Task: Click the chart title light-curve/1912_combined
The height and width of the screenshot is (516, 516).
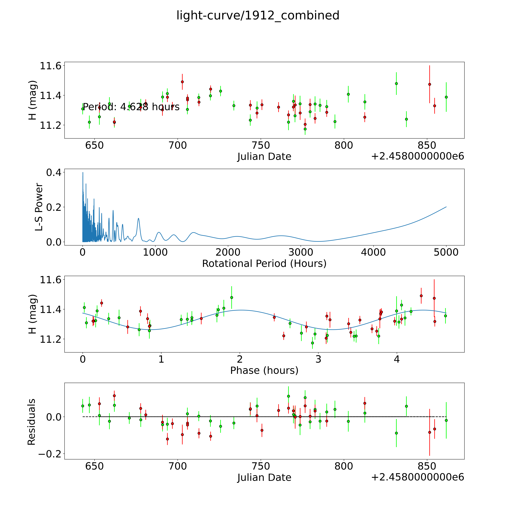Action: coord(258,15)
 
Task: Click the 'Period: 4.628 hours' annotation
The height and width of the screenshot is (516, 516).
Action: coord(131,107)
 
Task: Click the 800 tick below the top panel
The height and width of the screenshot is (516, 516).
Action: coord(344,146)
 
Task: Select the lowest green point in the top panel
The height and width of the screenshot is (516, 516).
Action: coord(305,129)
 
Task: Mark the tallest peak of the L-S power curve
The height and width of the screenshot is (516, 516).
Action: coord(83,173)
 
